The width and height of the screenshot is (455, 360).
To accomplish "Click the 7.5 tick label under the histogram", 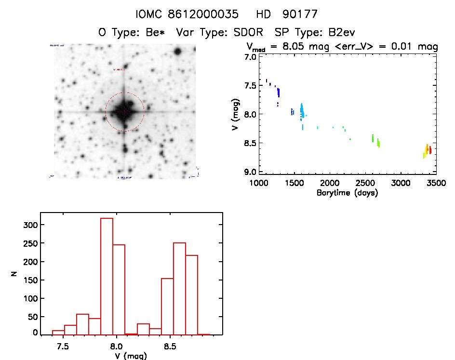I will (x=62, y=347).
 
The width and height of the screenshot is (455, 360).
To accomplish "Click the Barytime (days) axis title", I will (x=347, y=193).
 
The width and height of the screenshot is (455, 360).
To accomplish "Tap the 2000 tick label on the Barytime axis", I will (x=330, y=184).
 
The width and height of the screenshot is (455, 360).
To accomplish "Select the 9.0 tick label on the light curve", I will (x=249, y=172).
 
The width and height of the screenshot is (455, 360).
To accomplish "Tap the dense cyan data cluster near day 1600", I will (x=302, y=111).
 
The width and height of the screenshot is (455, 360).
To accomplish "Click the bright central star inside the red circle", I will (x=124, y=112).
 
